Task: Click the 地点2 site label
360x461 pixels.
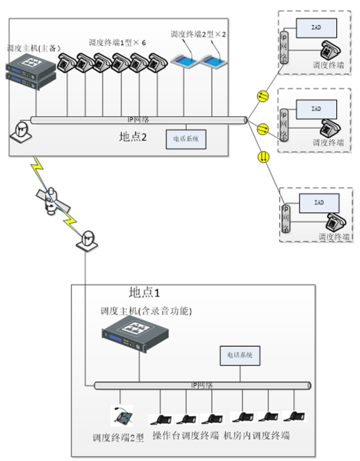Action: click(133, 137)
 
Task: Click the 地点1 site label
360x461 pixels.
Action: click(146, 292)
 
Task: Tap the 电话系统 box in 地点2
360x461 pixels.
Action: click(186, 139)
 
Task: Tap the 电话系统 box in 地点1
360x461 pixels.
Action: click(240, 356)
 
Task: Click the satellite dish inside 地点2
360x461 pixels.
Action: click(22, 133)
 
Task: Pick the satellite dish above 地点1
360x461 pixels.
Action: click(88, 239)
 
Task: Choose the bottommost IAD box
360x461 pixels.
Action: click(320, 203)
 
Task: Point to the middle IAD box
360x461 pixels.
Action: click(316, 109)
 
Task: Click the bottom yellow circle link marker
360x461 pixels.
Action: click(262, 156)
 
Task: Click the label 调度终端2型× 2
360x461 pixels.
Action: click(198, 34)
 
